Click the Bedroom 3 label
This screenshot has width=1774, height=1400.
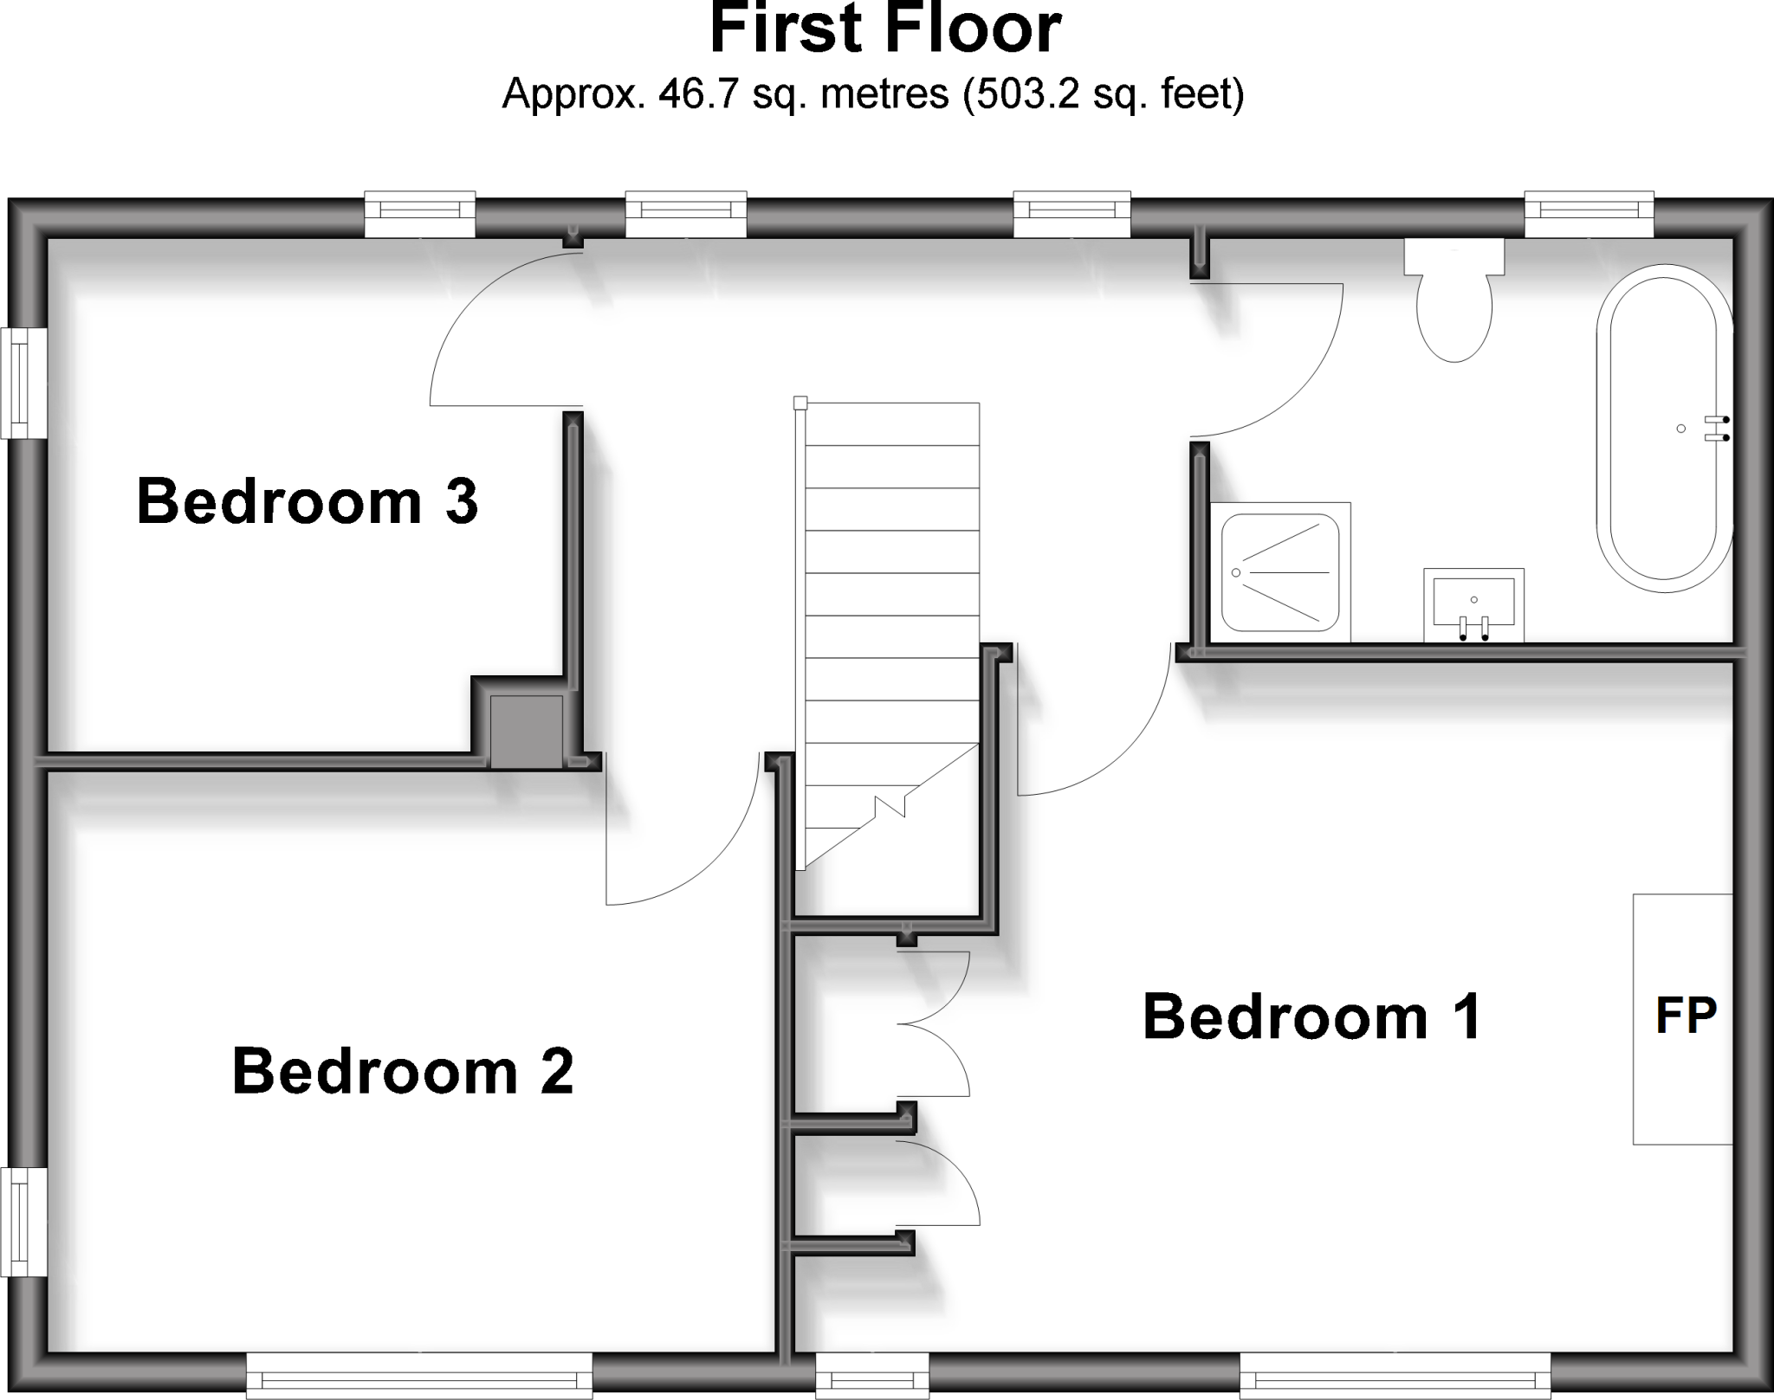coord(308,501)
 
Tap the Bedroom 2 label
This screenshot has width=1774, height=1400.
coord(403,1071)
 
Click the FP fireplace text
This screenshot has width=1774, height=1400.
coord(1686,1016)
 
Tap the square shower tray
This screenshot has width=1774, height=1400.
coord(1280,572)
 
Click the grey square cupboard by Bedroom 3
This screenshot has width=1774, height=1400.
coord(527,731)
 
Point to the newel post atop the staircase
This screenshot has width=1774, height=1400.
coord(800,403)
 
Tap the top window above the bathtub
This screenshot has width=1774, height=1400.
coord(1589,214)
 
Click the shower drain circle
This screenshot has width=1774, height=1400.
coord(1236,572)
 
